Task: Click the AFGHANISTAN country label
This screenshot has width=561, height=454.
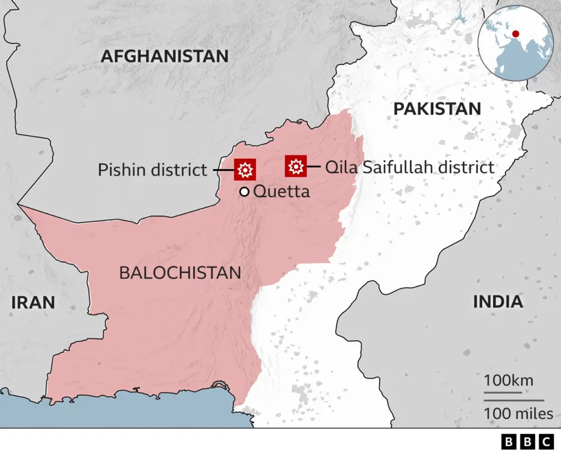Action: (164, 56)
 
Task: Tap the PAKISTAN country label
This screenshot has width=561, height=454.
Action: (437, 108)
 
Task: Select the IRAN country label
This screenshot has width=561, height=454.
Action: (33, 302)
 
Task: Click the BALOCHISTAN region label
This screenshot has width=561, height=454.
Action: (180, 273)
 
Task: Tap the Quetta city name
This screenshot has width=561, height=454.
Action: (282, 192)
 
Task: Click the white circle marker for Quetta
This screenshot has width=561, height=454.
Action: (244, 192)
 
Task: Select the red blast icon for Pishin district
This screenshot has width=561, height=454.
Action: (245, 170)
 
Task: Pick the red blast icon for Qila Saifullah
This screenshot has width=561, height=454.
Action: (296, 166)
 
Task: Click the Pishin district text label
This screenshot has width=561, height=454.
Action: (153, 170)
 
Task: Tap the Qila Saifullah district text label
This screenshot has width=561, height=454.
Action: (410, 167)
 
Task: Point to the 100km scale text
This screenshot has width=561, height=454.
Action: (508, 380)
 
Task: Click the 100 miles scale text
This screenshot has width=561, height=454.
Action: (518, 413)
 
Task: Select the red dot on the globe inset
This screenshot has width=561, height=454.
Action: (515, 34)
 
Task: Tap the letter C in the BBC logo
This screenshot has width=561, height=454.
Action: (545, 441)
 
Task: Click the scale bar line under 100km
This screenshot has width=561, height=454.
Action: (502, 392)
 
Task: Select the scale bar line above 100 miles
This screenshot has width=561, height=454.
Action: (514, 401)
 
